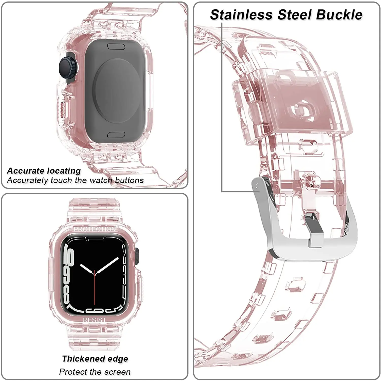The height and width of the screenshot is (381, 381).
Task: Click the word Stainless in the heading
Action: (x=241, y=15)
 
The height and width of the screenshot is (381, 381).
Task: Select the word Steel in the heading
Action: (x=294, y=15)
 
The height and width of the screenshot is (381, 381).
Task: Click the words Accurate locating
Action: (x=44, y=171)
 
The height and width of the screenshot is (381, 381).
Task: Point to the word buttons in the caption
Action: (x=129, y=180)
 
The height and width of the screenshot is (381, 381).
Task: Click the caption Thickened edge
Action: (x=95, y=359)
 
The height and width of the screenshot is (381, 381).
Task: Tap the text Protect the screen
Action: (x=95, y=372)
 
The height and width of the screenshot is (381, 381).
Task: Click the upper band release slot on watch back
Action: (x=116, y=46)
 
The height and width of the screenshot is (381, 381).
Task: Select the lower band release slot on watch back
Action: (x=116, y=135)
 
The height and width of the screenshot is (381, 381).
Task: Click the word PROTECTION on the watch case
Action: (x=95, y=229)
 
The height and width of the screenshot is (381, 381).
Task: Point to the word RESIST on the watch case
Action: (x=94, y=320)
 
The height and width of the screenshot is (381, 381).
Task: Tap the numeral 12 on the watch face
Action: (x=95, y=239)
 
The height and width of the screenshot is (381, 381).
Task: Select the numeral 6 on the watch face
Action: (x=98, y=310)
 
